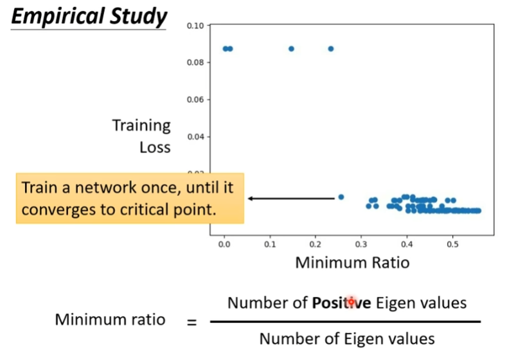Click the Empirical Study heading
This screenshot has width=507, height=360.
click(89, 15)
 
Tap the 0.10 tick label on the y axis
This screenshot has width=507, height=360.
click(195, 26)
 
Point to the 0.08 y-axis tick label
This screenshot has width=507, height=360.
click(195, 62)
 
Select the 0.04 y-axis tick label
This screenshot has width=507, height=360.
click(195, 136)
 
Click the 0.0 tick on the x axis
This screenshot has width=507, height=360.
click(224, 245)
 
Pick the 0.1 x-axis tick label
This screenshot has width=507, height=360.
click(270, 245)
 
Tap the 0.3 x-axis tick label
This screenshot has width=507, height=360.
click(361, 245)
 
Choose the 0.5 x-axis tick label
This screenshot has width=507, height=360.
click(452, 245)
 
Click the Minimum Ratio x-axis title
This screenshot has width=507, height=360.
click(352, 263)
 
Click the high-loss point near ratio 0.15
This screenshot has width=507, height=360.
click(291, 49)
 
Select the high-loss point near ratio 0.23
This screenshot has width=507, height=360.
click(331, 49)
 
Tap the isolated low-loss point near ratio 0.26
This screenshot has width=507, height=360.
click(341, 197)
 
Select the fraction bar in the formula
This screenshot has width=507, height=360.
click(345, 321)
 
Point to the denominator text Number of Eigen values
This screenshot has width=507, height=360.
click(347, 338)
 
